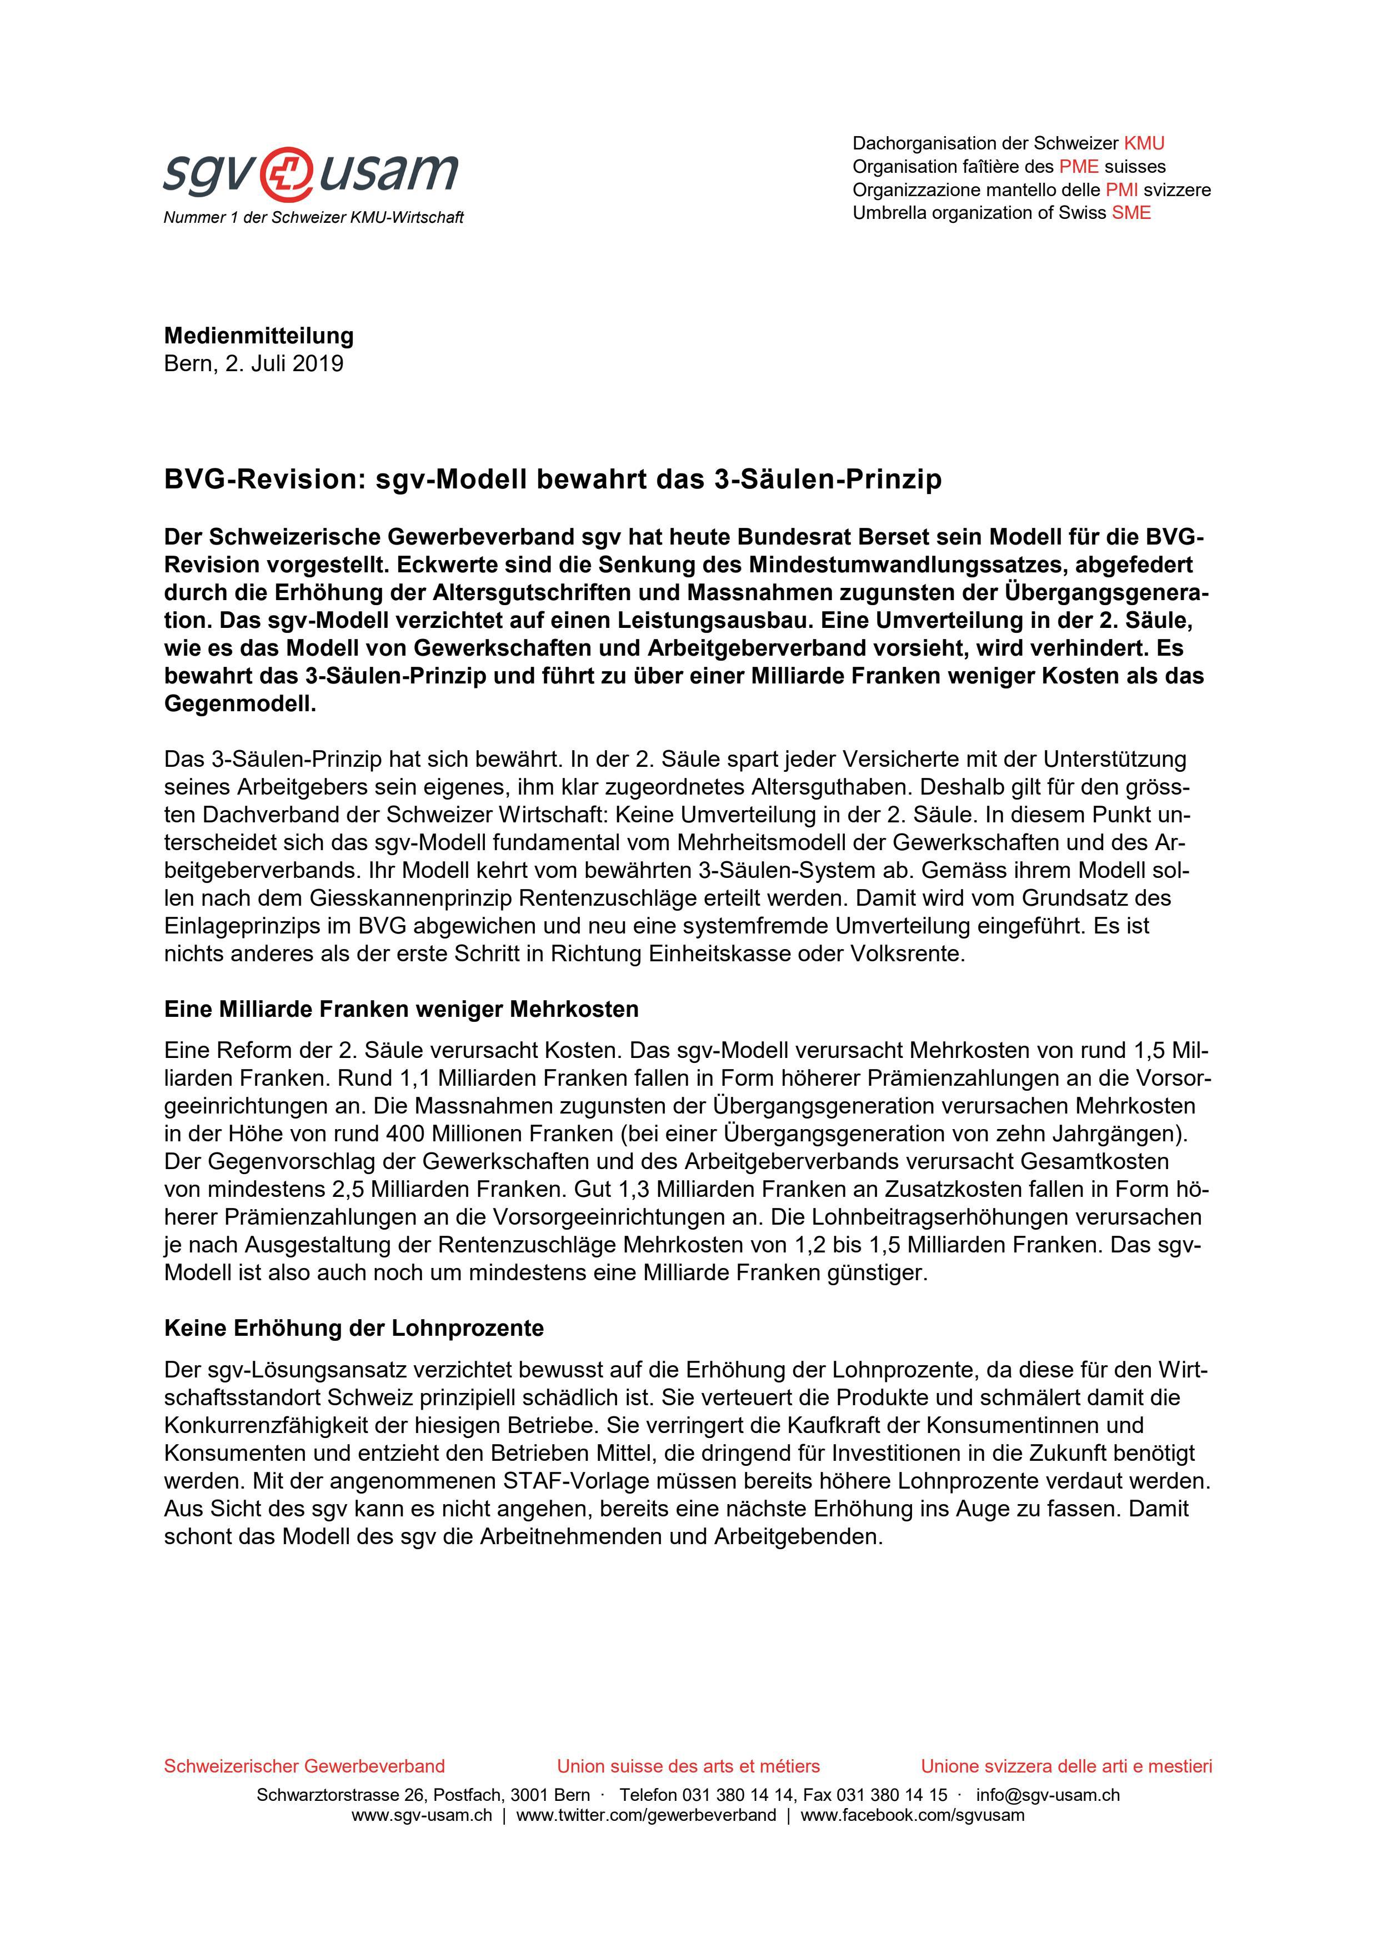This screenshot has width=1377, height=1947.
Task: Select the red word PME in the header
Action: point(1079,166)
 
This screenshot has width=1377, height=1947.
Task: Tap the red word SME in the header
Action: point(1131,213)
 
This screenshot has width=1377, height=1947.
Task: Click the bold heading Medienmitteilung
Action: point(259,336)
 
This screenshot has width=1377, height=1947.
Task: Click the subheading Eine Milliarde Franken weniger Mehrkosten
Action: point(401,1009)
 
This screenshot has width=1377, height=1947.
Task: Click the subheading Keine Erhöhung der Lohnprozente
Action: point(354,1328)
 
